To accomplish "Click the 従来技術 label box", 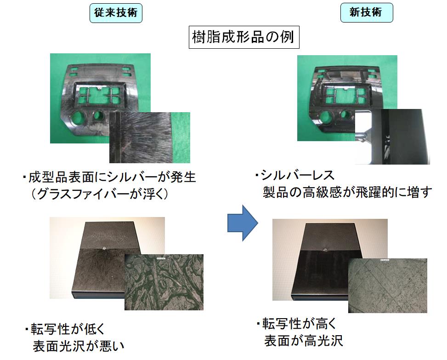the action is pos(116,13).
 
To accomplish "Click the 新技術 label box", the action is pos(367,12).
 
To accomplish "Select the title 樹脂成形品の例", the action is pos(244,37).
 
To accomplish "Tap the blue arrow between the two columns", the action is pos(243,223).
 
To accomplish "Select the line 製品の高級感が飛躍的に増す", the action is pos(348,192).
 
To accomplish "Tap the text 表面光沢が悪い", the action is pos(79,346).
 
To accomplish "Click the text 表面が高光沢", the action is pos(304,341).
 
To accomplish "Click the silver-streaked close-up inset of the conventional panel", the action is pos(150,137).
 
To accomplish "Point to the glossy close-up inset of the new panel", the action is pos(392,137).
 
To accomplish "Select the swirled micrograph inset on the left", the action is pos(164,282).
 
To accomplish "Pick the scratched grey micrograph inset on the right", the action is pos(388,286).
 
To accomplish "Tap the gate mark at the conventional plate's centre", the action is pos(104,249).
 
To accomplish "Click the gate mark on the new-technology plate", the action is pos(325,251).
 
